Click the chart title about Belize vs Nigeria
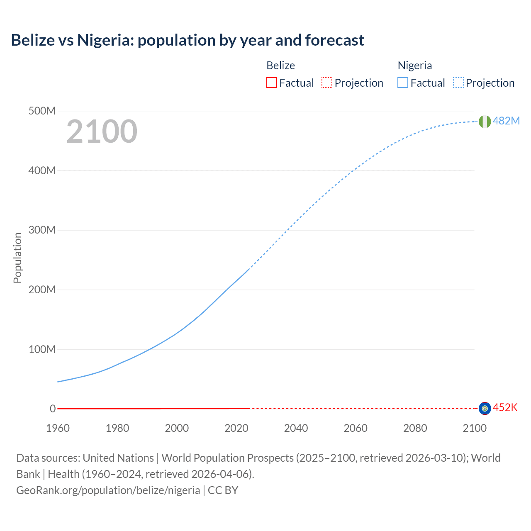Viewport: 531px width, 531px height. pyautogui.click(x=188, y=40)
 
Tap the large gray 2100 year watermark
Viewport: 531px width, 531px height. pyautogui.click(x=102, y=132)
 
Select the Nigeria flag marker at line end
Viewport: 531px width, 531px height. pyautogui.click(x=485, y=122)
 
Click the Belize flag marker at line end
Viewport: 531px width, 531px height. pyautogui.click(x=485, y=409)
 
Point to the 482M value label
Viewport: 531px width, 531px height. pyautogui.click(x=506, y=121)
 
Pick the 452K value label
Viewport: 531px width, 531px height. pyautogui.click(x=505, y=407)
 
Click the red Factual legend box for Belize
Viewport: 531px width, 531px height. pyautogui.click(x=272, y=83)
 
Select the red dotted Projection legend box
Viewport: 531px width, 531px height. pyautogui.click(x=327, y=83)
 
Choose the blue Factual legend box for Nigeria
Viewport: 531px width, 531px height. pyautogui.click(x=403, y=83)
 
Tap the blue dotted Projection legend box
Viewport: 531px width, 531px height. pyautogui.click(x=458, y=83)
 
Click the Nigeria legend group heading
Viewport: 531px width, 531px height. pyautogui.click(x=415, y=66)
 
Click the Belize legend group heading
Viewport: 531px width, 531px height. pyautogui.click(x=281, y=66)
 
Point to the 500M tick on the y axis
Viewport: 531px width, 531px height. pyautogui.click(x=42, y=111)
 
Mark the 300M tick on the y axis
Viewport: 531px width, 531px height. pyautogui.click(x=42, y=230)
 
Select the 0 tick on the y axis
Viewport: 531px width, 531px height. pyautogui.click(x=53, y=409)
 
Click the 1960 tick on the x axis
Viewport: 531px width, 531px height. pyautogui.click(x=58, y=428)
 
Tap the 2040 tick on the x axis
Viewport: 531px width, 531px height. pyautogui.click(x=296, y=428)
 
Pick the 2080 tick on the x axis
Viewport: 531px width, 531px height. pyautogui.click(x=415, y=428)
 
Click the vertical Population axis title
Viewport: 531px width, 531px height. pyautogui.click(x=17, y=258)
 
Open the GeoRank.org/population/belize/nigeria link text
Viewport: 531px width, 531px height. pyautogui.click(x=108, y=490)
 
